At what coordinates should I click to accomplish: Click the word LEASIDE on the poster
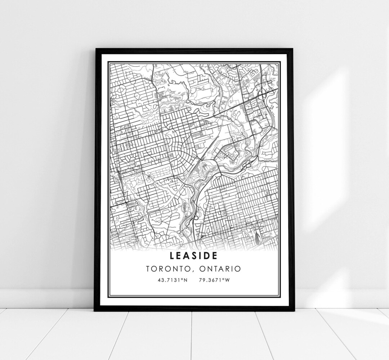click(194, 256)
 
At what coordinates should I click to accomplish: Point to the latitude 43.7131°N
click(171, 279)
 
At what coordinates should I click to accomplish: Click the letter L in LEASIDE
click(172, 256)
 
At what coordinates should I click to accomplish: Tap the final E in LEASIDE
click(215, 256)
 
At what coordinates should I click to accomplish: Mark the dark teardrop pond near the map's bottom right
click(256, 237)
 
